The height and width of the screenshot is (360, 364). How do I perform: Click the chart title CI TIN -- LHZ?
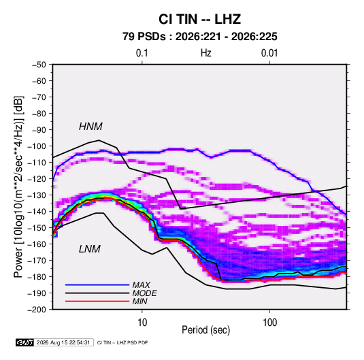[x=199, y=19]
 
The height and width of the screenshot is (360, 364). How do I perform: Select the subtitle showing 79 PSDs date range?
[x=200, y=37]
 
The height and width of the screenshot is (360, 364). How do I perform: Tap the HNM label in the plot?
[x=90, y=127]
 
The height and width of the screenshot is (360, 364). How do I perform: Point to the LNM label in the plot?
[x=90, y=249]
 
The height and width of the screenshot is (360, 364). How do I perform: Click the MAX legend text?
[x=141, y=285]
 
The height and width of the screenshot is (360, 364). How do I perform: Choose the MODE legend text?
[x=145, y=293]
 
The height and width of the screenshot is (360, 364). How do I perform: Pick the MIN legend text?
[x=139, y=301]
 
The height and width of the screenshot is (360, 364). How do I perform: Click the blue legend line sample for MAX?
[x=97, y=285]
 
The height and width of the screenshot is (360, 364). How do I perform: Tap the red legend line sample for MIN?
[x=97, y=301]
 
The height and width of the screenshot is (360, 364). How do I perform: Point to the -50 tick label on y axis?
[x=39, y=65]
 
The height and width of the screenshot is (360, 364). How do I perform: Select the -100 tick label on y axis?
[x=37, y=146]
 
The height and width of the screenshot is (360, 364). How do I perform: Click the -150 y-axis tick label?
[x=37, y=228]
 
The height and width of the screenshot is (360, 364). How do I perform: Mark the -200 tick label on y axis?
[x=37, y=310]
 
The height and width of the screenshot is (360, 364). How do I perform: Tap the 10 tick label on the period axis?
[x=142, y=323]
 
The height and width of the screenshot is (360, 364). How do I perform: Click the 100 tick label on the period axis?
[x=269, y=323]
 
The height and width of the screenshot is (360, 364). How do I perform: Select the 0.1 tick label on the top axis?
[x=142, y=53]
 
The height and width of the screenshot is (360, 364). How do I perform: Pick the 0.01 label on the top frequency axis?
[x=269, y=53]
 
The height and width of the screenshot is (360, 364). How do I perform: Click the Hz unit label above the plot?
[x=206, y=53]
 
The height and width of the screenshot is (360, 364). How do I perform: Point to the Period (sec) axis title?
[x=205, y=330]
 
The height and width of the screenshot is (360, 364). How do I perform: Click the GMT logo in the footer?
[x=24, y=342]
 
